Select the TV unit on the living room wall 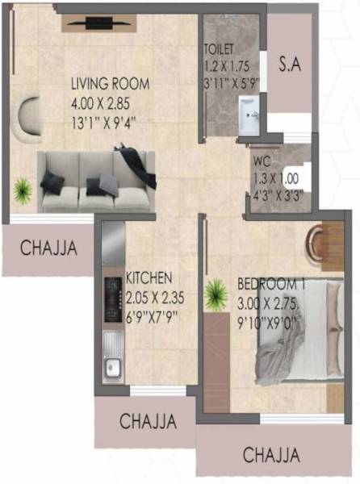point(100,23)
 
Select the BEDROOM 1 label point(271,284)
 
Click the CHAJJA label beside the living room point(48,248)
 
